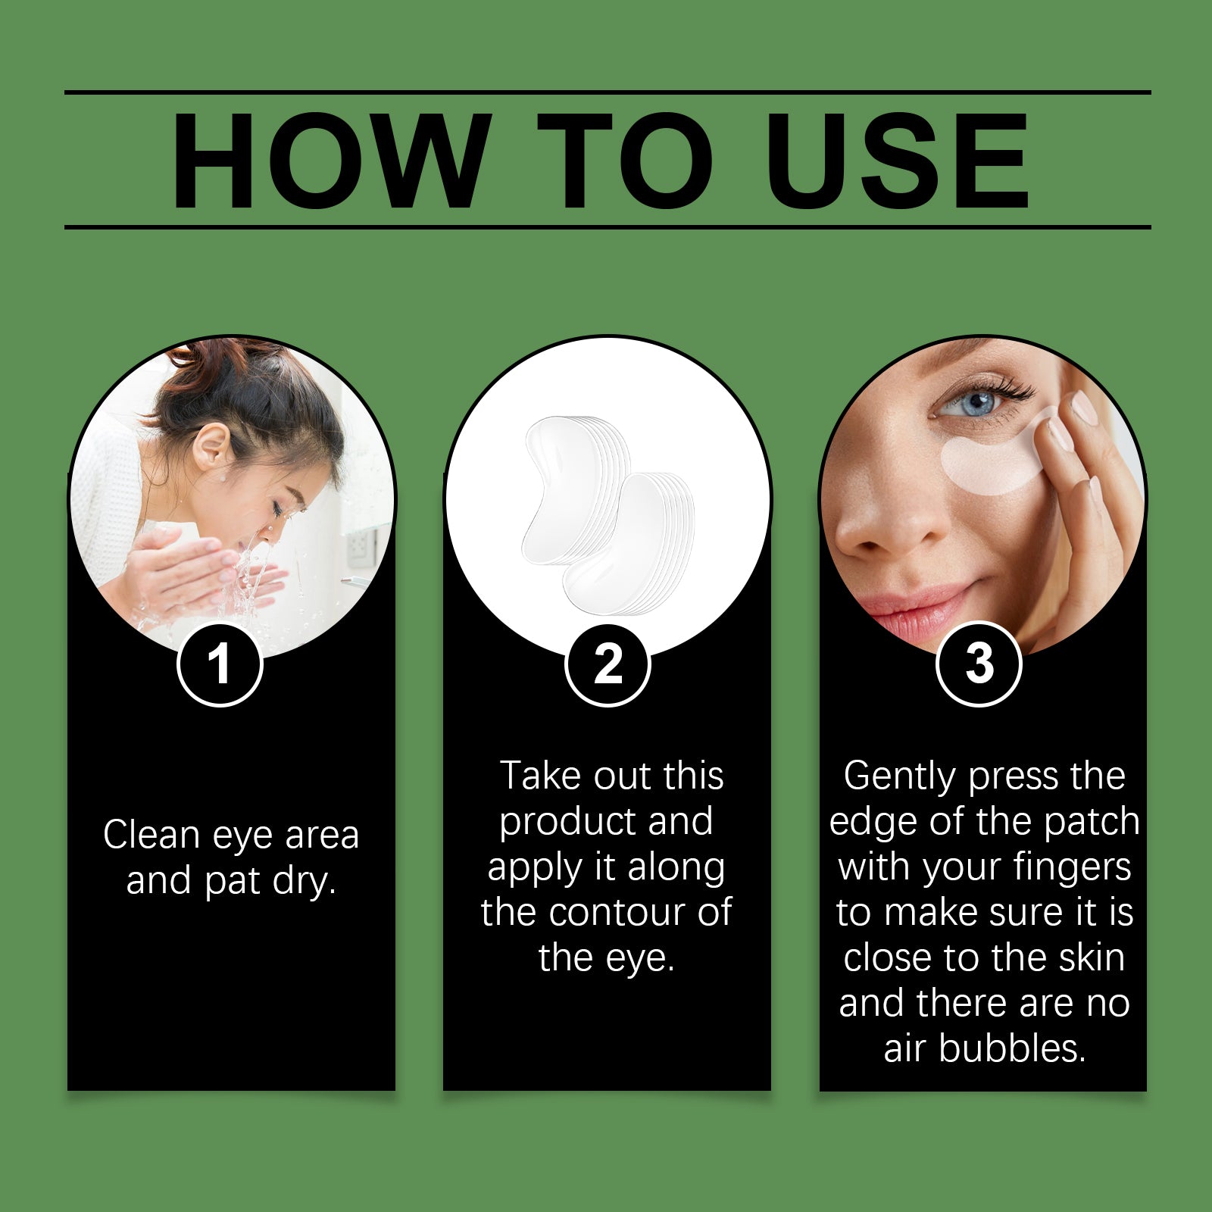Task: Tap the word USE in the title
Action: click(x=898, y=161)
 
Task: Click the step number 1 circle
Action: click(x=220, y=664)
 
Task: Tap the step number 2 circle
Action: click(x=608, y=664)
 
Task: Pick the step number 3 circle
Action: click(x=979, y=664)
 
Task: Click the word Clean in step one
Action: click(x=151, y=836)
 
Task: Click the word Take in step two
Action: click(x=539, y=776)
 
